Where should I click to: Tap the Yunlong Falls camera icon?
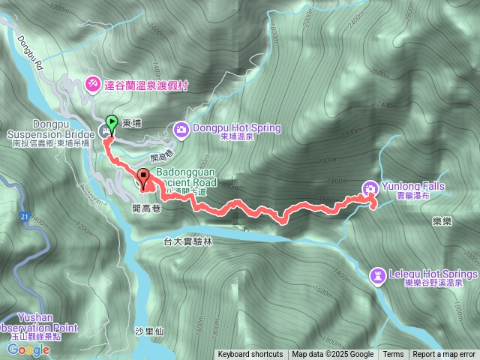point(370,187)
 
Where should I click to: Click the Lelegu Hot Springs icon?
point(378,275)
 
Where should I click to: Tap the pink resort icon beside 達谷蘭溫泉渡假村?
point(92,83)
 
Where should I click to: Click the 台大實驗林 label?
point(188,241)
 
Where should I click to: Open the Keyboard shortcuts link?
point(250,355)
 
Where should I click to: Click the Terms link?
point(393,355)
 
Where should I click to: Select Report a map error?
point(444,355)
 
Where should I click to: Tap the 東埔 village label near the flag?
point(131,124)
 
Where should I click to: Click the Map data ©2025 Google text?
point(333,355)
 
